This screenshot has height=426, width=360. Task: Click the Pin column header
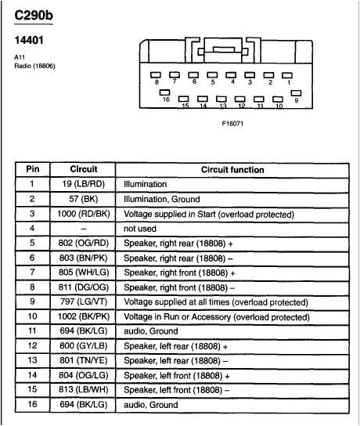(33, 169)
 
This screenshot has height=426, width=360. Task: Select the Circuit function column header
(232, 169)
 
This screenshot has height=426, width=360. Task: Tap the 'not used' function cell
(140, 228)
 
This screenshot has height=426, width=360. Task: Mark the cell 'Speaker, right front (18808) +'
(179, 272)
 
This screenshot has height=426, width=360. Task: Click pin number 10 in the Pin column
(33, 316)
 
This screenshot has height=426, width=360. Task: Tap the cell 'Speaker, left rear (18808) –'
(176, 360)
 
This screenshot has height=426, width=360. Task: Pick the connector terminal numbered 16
(165, 91)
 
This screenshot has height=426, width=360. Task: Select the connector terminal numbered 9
(297, 91)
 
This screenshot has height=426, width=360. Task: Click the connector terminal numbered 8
(156, 74)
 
